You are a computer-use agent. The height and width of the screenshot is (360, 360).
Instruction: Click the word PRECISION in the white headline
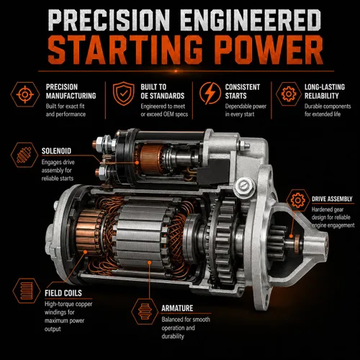click(x=109, y=20)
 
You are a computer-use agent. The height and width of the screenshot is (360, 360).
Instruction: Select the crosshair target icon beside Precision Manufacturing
click(x=25, y=94)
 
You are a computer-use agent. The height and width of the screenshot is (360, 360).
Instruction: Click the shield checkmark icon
click(x=124, y=94)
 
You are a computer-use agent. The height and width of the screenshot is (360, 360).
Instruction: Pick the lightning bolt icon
click(x=210, y=94)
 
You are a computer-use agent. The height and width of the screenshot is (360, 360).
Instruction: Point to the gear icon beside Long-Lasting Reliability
click(x=289, y=94)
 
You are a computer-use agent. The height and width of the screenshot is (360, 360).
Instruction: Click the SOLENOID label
click(x=56, y=151)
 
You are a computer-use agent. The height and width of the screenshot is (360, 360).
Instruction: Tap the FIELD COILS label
click(x=63, y=293)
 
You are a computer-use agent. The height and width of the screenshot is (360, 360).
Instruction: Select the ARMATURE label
click(x=177, y=308)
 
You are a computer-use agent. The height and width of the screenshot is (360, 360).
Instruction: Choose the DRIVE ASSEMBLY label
click(x=332, y=199)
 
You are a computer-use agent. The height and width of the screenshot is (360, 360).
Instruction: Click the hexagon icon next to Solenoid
click(x=24, y=155)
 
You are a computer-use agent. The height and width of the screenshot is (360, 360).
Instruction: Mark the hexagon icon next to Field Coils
click(x=27, y=291)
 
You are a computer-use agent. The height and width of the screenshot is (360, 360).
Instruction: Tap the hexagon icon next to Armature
click(x=145, y=312)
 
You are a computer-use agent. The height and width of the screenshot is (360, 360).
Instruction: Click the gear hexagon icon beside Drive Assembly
click(x=298, y=200)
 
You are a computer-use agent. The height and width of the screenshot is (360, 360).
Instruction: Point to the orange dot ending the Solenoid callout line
click(x=137, y=163)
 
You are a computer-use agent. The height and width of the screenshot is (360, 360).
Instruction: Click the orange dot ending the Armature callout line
click(x=149, y=263)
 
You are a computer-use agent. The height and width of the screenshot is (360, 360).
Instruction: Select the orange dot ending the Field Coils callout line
click(x=85, y=251)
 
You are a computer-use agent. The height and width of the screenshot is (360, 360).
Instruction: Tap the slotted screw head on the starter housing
click(x=243, y=185)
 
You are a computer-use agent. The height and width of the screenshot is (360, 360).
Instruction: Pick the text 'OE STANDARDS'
click(x=163, y=96)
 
